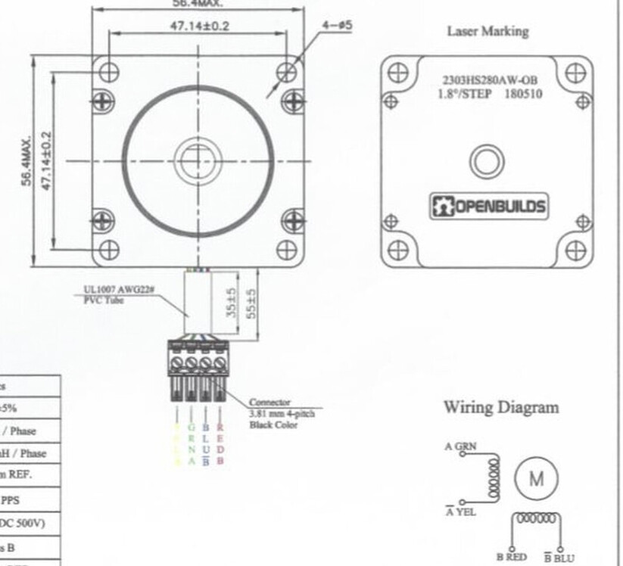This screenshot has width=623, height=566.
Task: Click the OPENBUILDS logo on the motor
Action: (488, 206)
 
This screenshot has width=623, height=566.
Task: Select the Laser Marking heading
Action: (487, 31)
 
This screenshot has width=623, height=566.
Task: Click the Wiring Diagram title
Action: (501, 407)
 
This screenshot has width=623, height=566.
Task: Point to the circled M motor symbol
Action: (536, 478)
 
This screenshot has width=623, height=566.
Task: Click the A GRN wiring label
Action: (461, 446)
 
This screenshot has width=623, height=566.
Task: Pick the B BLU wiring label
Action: (559, 558)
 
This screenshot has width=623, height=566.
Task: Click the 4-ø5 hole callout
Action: (337, 25)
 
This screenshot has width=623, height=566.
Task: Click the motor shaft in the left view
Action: (198, 160)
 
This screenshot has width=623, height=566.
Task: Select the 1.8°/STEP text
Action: (464, 95)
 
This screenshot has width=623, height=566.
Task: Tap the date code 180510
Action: (523, 95)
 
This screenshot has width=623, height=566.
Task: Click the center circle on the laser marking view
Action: (487, 161)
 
